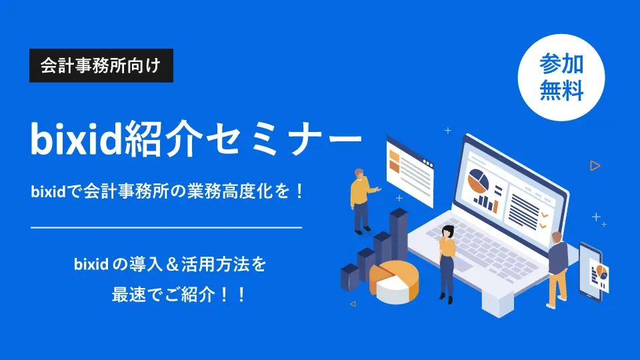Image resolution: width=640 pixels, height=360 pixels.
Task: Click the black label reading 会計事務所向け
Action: point(101,67)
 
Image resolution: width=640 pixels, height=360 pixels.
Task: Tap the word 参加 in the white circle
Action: point(561,64)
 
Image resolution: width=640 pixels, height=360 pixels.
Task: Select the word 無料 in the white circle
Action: point(561,90)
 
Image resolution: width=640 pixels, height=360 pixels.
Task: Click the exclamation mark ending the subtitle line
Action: point(299,193)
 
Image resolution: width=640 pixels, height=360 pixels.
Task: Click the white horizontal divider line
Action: point(167,228)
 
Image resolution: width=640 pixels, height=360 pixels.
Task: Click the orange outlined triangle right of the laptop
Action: point(595,165)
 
